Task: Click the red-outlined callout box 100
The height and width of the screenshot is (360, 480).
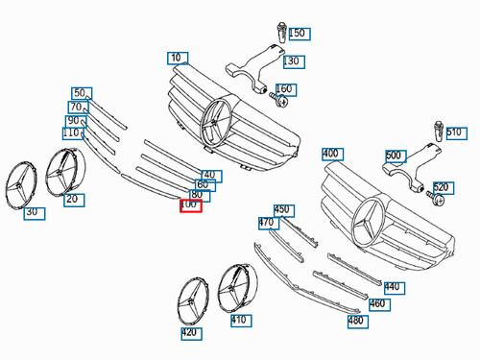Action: (191, 205)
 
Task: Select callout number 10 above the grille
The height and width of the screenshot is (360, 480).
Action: (178, 59)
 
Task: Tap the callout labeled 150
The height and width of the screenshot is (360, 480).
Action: (300, 34)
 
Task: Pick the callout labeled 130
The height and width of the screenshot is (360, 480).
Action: (294, 61)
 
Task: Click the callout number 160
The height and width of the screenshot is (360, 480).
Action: (286, 90)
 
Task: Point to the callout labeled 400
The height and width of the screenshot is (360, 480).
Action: (333, 155)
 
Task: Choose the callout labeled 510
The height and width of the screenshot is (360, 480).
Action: (457, 133)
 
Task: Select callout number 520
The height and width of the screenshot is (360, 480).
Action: (444, 188)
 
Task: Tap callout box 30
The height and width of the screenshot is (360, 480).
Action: (35, 213)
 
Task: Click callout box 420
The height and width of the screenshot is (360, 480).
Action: (191, 333)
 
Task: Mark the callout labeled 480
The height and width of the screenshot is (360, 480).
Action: (358, 322)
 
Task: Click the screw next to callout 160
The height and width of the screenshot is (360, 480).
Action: (278, 100)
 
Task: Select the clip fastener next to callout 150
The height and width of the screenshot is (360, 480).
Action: (282, 33)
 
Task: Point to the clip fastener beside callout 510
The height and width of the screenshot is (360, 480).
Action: (439, 132)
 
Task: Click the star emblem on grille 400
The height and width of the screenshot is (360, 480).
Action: (368, 221)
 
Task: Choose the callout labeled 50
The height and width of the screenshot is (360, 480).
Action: (82, 93)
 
